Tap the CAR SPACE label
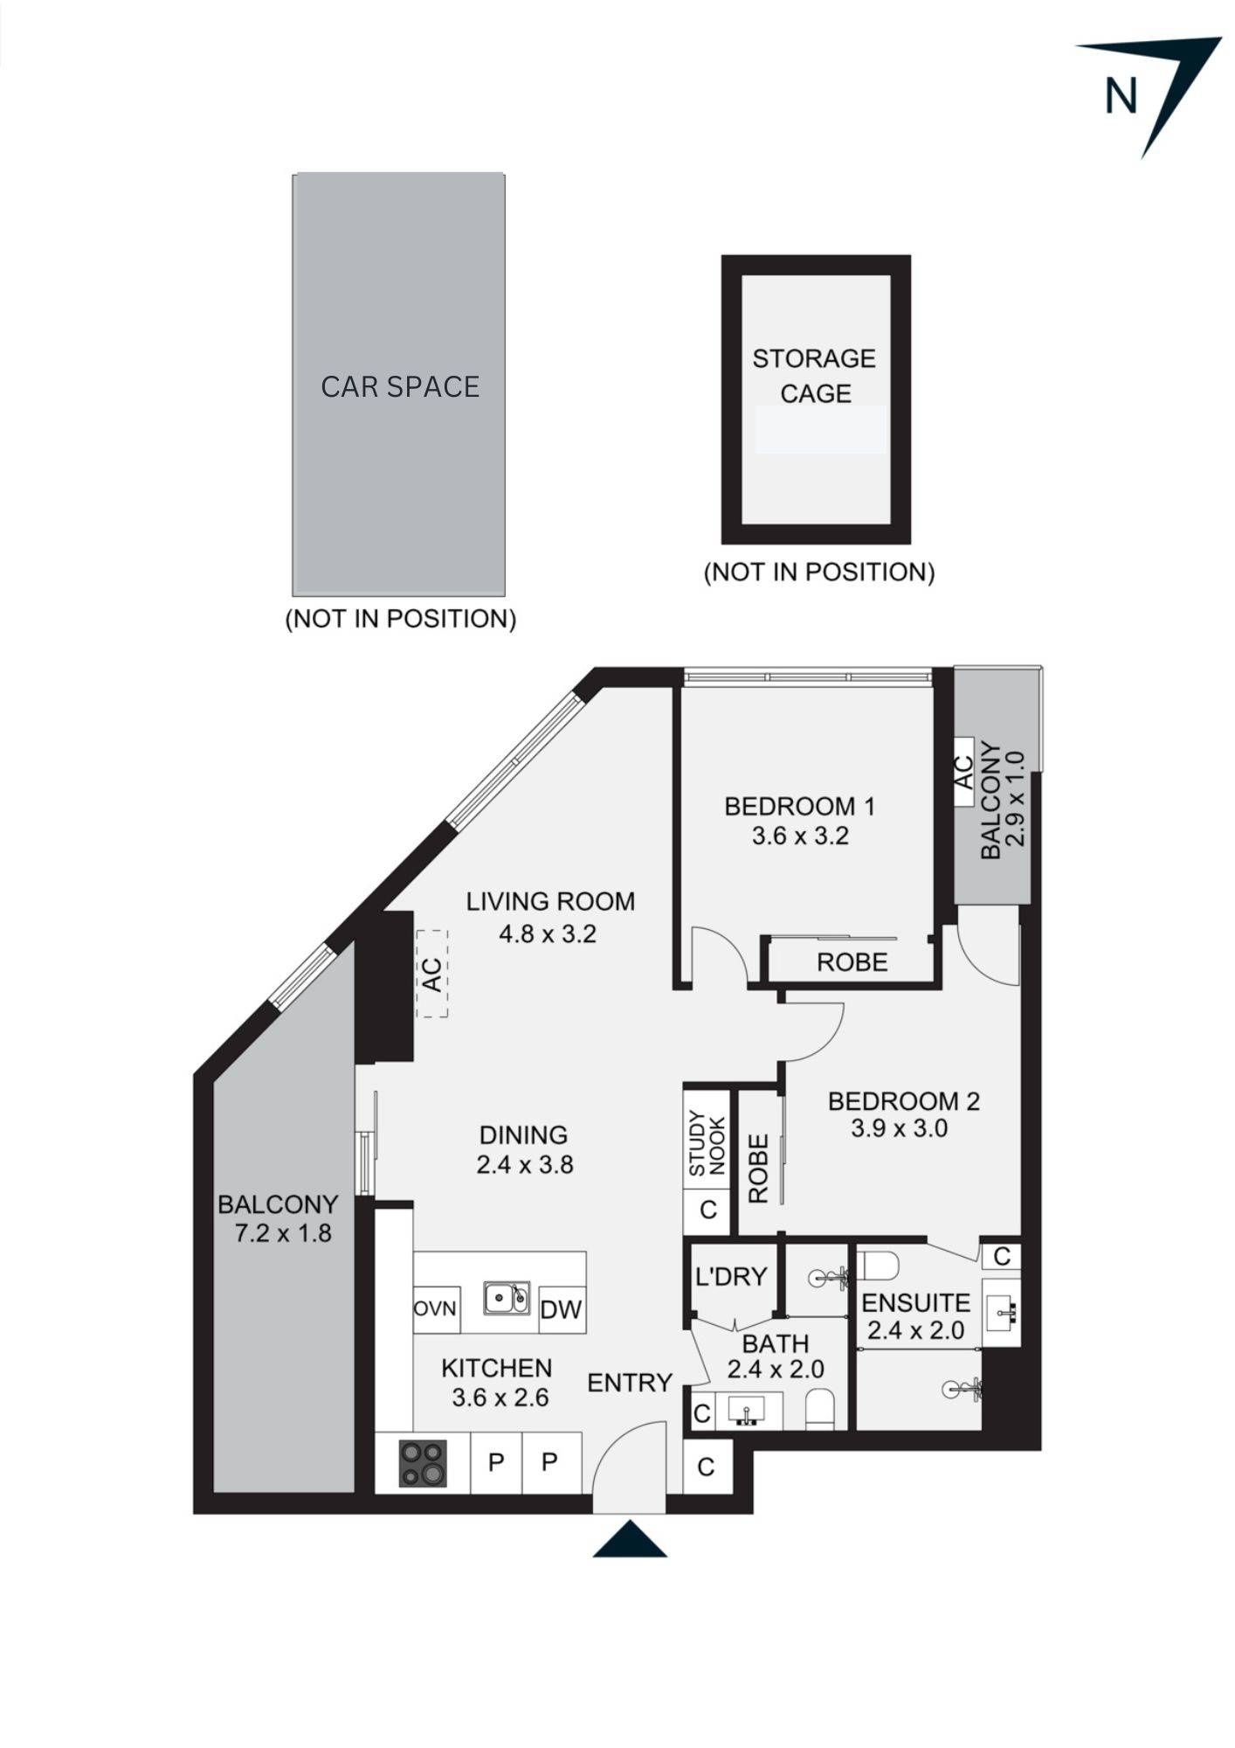coord(400,386)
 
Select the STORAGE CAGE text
coord(814,376)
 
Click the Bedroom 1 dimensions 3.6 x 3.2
coord(800,836)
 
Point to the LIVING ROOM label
coord(550,901)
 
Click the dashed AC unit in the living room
coord(431,973)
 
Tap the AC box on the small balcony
coord(962,772)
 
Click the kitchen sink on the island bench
coord(507,1298)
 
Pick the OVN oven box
coord(435,1309)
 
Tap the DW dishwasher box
coord(561,1309)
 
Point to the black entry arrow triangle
coord(630,1540)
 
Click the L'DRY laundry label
coord(731,1277)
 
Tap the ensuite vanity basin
coord(1002,1311)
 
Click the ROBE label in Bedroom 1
coord(852,962)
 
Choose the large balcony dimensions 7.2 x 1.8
coord(283,1233)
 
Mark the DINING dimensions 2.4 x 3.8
coord(525,1165)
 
